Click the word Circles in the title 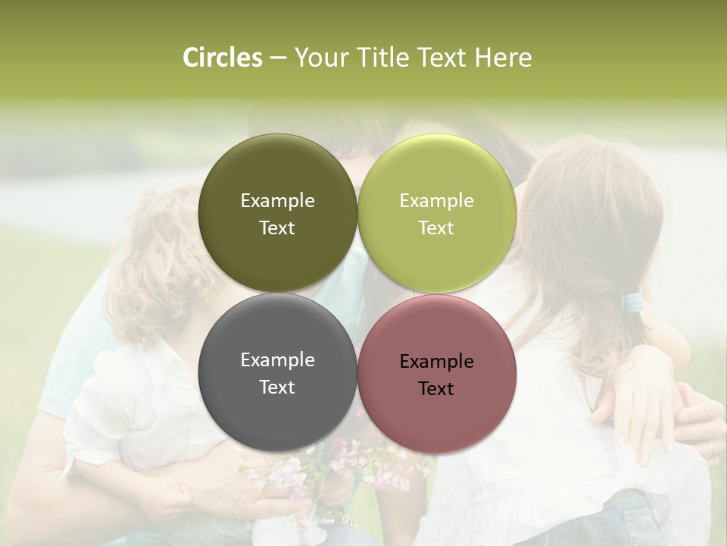pos(223,58)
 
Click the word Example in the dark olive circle pos(277,201)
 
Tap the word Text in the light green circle pos(436,228)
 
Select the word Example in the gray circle pos(277,360)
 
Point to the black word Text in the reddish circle pos(436,389)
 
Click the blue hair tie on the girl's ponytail pos(634,303)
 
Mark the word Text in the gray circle pos(277,388)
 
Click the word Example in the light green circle pos(436,201)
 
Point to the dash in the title pos(277,58)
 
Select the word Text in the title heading pos(442,58)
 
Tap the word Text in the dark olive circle pos(277,228)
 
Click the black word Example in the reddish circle pos(436,362)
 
